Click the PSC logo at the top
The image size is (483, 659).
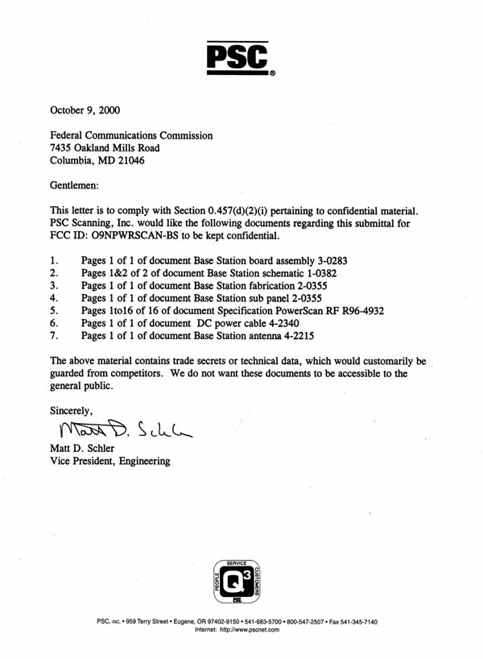pos(241,56)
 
